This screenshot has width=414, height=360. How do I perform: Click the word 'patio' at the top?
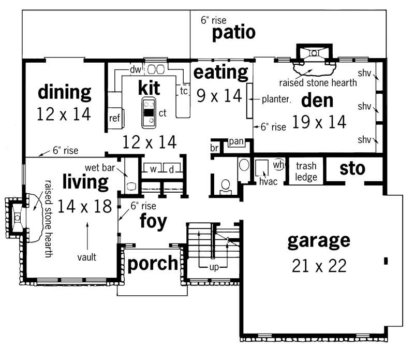[234, 33]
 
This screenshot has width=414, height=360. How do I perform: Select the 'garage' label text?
[318, 241]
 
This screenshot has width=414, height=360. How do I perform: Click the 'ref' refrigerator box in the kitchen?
[114, 118]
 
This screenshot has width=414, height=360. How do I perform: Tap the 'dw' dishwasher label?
[136, 69]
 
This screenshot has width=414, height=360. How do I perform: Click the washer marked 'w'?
[153, 169]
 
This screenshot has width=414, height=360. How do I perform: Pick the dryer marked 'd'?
[171, 169]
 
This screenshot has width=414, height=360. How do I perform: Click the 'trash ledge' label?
[306, 171]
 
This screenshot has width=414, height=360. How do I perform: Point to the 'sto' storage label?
[352, 169]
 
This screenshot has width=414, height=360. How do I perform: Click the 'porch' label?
[152, 264]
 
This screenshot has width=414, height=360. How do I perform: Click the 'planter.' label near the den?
[276, 98]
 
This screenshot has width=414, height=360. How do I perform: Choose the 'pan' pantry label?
[236, 141]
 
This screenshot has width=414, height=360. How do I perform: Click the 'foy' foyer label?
[153, 221]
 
